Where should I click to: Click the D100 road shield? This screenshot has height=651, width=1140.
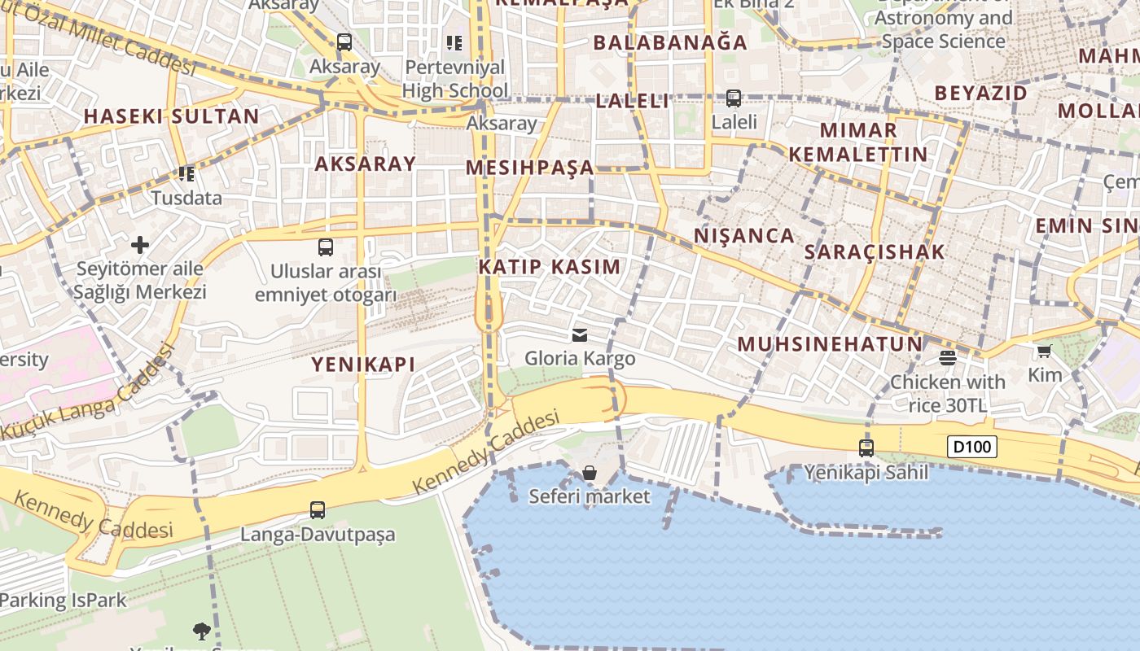click(x=972, y=446)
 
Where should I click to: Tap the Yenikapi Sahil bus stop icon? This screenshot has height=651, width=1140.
click(x=866, y=448)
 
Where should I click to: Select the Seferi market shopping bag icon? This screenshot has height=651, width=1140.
click(x=590, y=473)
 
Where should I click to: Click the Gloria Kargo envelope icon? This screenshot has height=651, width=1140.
click(x=580, y=334)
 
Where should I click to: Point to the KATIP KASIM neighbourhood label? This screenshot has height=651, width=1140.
click(x=550, y=267)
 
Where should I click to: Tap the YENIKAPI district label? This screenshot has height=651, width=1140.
click(x=363, y=365)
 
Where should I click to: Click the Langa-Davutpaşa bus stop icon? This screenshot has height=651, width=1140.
click(x=318, y=510)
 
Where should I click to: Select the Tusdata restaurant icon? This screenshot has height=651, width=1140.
click(x=186, y=173)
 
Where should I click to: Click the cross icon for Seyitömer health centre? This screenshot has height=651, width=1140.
click(x=140, y=244)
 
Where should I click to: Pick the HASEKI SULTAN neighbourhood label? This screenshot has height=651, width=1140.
click(x=172, y=116)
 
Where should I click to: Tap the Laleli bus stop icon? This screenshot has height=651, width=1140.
click(x=734, y=98)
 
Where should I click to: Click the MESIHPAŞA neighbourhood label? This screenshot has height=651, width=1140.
click(x=530, y=168)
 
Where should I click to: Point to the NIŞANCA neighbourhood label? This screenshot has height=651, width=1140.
click(x=744, y=236)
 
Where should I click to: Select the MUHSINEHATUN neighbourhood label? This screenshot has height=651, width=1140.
click(x=831, y=344)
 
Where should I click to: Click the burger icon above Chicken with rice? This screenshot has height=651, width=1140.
click(x=947, y=357)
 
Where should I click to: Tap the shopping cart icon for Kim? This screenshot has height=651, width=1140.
click(x=1045, y=351)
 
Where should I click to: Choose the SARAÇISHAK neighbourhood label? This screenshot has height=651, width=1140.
click(x=875, y=252)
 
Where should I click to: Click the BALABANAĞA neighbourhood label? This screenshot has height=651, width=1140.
click(x=670, y=43)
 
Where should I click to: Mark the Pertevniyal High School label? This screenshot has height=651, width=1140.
click(x=455, y=79)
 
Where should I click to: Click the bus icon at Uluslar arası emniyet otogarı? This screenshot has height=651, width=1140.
click(x=326, y=247)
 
